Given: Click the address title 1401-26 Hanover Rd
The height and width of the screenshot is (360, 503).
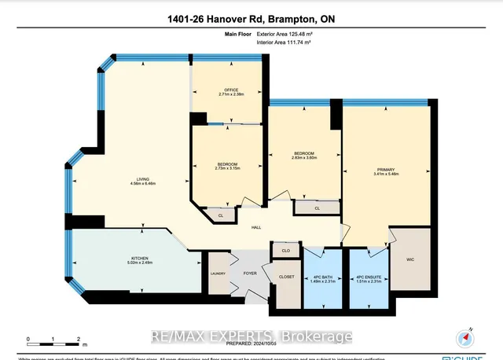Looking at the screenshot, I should click(x=251, y=18).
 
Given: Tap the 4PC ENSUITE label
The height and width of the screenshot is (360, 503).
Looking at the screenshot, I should click(x=369, y=278).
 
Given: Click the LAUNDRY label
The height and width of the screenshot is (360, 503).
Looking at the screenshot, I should click(x=218, y=274).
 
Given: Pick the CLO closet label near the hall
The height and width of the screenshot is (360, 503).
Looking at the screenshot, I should click(x=286, y=251).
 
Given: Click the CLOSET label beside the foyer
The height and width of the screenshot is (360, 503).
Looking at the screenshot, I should click(x=286, y=277).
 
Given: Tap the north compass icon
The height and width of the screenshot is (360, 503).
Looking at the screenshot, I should click(x=467, y=339).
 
